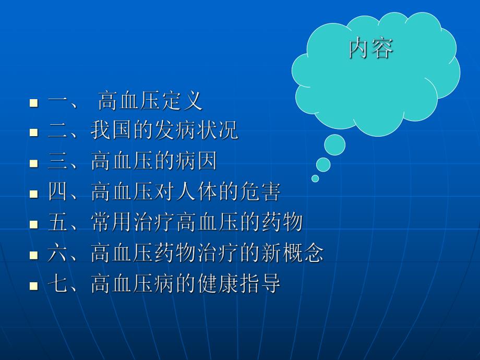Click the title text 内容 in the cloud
371,49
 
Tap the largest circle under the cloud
334,145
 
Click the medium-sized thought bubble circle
323,165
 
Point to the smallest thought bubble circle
315,178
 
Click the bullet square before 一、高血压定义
34,102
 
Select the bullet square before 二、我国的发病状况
34,133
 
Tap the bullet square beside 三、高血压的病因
34,163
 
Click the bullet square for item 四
34,194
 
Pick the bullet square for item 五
34,224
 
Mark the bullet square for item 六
34,255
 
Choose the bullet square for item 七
34,286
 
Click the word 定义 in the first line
182,101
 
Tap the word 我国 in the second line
111,131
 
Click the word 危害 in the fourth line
260,193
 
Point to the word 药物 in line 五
282,223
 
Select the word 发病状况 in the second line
197,131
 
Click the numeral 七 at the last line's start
57,284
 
